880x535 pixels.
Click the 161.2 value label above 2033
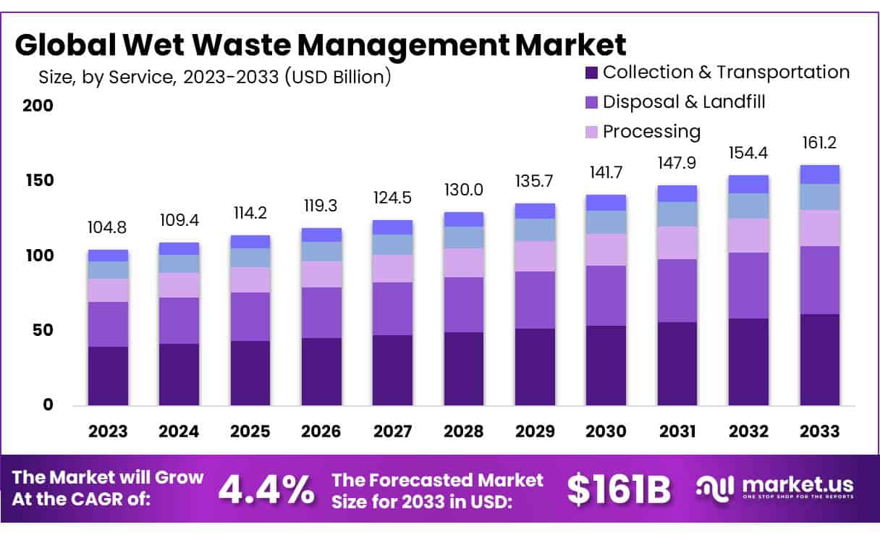(819, 143)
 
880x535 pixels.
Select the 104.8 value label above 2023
(108, 228)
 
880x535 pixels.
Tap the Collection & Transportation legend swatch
(591, 72)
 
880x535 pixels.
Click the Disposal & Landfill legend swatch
(591, 102)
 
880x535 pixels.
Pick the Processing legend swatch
(591, 132)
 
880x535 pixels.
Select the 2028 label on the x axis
(463, 431)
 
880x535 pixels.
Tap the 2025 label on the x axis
(250, 431)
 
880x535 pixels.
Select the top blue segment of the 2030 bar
(606, 202)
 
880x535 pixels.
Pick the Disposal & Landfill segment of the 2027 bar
(392, 308)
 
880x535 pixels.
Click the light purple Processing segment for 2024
(179, 285)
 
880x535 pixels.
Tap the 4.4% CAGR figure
(266, 490)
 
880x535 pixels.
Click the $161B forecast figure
(618, 490)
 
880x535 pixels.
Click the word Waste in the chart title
(245, 45)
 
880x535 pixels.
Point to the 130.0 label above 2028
(463, 190)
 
